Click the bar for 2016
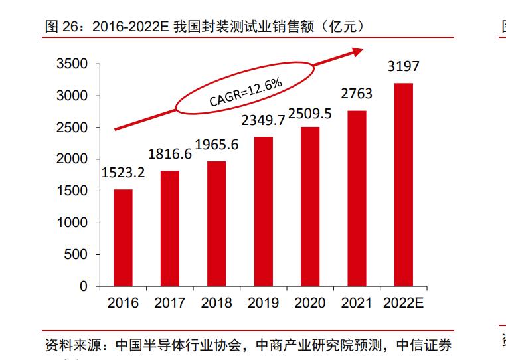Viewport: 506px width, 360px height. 123,238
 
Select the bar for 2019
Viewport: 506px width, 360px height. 263,211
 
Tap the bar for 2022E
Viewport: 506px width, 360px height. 404,185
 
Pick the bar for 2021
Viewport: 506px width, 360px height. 357,198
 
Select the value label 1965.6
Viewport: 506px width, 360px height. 216,144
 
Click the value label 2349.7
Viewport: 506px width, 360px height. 263,120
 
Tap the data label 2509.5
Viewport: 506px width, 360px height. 310,112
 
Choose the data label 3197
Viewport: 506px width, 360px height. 404,67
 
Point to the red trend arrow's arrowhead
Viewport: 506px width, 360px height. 358,50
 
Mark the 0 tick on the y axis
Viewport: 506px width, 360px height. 84,286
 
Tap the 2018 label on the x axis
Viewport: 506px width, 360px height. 216,303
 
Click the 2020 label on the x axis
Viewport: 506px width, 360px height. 310,303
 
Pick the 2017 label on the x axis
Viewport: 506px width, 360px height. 170,303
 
